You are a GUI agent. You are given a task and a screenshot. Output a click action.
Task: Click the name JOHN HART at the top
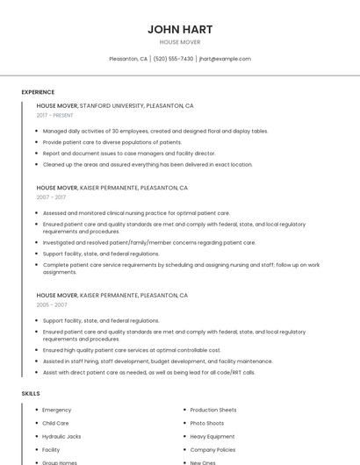(180, 29)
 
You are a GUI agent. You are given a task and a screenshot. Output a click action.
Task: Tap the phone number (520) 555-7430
(173, 59)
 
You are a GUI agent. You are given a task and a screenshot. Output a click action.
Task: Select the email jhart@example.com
(225, 59)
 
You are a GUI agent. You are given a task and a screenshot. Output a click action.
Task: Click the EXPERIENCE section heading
(38, 92)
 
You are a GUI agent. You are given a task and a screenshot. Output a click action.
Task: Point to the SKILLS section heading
(31, 393)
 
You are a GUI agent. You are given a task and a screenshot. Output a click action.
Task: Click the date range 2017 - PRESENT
(55, 115)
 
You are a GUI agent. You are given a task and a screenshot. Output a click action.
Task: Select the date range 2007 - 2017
(52, 197)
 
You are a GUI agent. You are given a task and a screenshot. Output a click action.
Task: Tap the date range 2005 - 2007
(52, 304)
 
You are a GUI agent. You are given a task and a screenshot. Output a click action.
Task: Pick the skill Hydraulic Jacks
(61, 436)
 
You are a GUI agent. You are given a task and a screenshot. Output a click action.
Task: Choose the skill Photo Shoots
(207, 423)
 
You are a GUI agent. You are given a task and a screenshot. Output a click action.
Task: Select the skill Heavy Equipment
(212, 436)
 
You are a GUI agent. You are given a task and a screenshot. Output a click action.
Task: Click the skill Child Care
(55, 423)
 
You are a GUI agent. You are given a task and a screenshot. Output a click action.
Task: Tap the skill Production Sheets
(213, 410)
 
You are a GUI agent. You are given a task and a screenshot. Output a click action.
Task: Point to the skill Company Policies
(213, 449)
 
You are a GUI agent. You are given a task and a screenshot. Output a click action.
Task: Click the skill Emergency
(57, 410)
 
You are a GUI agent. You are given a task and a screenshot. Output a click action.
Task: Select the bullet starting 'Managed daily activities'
(155, 131)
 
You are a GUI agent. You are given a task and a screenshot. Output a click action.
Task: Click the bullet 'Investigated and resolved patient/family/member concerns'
(149, 242)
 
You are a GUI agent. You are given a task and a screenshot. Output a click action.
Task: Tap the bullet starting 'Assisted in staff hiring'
(158, 361)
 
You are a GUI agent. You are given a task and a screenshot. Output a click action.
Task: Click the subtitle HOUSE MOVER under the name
(180, 41)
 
